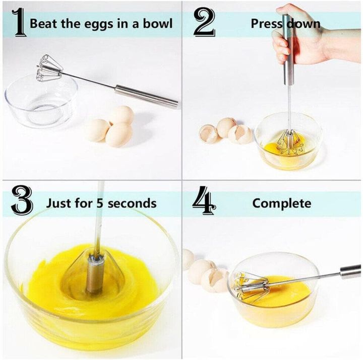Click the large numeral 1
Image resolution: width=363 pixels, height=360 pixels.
click(19, 24)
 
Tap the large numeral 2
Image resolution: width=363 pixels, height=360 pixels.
click(205, 24)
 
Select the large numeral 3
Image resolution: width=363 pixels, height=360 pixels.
click(22, 202)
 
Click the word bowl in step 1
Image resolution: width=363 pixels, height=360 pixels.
click(158, 24)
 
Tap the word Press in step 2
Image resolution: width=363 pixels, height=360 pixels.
click(267, 24)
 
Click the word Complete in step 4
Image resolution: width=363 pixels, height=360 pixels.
click(282, 203)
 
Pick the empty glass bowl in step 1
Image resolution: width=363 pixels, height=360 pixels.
click(40, 101)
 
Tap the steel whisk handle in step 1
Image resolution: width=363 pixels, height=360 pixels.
click(146, 96)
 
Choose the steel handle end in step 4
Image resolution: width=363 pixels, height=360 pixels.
click(350, 271)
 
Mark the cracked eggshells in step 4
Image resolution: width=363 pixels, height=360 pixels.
click(207, 274)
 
